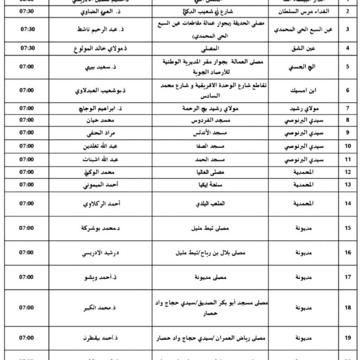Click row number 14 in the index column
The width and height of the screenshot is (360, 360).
[348, 204]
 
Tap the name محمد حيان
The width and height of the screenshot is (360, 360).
[104, 120]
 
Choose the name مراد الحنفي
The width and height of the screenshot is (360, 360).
[104, 133]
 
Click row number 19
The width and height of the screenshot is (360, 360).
[348, 338]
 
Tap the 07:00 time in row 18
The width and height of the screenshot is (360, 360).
[27, 308]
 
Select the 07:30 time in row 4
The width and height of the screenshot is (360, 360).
[27, 48]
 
